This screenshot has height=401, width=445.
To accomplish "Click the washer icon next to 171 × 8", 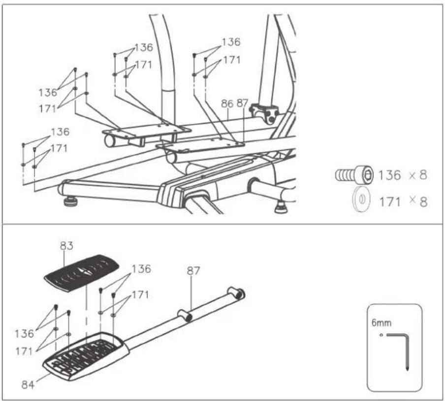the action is (x=361, y=199).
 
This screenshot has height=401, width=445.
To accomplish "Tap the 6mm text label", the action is (x=381, y=323).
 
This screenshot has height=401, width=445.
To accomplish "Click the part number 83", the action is (x=66, y=246).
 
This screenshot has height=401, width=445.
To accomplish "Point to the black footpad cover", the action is (x=81, y=273).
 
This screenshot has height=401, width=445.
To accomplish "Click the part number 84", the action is (x=28, y=385).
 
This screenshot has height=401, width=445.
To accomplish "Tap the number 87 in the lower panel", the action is (x=193, y=271).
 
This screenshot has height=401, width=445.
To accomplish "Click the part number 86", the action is (x=227, y=103).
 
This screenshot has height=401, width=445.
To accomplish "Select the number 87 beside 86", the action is (x=242, y=103).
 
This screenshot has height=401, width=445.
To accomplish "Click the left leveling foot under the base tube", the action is (x=69, y=202).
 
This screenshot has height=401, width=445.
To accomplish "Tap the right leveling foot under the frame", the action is (x=281, y=207).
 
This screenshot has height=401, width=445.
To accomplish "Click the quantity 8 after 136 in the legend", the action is (x=423, y=175).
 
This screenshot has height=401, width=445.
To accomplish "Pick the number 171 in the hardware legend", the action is (x=390, y=202).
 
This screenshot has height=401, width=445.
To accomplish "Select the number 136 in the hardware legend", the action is (x=390, y=175).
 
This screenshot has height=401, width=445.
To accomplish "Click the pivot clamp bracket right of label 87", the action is (x=264, y=113).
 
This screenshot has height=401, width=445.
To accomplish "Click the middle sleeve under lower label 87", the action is (x=185, y=315).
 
